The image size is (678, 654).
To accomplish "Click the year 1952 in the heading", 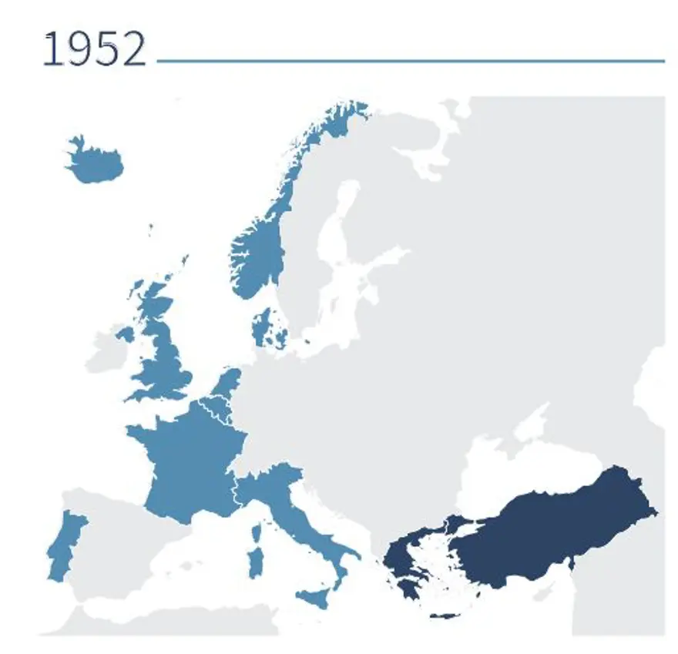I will tap(93, 50).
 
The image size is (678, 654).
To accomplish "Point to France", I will tap(189, 462).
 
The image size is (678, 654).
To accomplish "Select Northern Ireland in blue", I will tap(124, 334).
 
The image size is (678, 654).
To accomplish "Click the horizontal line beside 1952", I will tap(408, 60).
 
